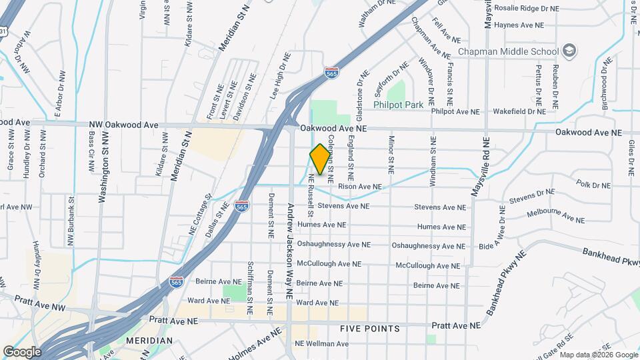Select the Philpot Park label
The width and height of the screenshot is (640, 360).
click(399, 105)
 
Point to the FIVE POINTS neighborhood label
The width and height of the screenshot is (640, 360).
click(369, 329)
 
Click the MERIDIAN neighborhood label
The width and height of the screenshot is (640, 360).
click(146, 341)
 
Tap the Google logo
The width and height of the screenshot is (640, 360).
click(22, 351)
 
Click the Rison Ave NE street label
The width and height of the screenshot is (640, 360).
click(360, 187)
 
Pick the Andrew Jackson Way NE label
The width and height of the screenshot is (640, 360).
click(290, 250)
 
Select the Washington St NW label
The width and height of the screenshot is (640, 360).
click(103, 165)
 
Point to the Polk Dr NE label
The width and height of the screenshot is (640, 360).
click(593, 183)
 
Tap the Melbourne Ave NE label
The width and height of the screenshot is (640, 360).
click(555, 215)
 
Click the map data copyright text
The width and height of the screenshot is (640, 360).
click(599, 355)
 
